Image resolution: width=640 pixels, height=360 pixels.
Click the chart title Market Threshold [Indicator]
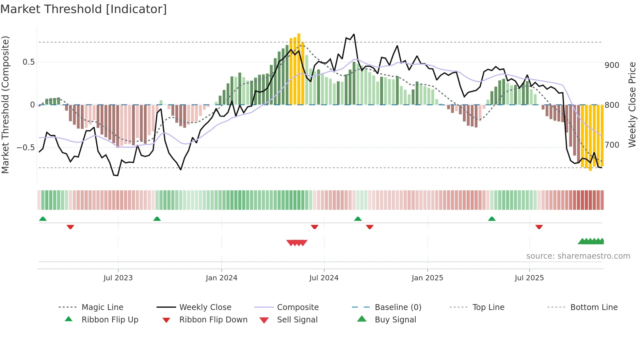coord(84,9)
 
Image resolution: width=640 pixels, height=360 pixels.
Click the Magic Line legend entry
coord(102,307)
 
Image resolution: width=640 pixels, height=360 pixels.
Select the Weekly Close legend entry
coord(205,307)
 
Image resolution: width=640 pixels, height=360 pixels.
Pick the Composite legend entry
coord(297,307)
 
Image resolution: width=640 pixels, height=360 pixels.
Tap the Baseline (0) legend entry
coord(398,307)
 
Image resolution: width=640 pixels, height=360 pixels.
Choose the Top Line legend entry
coord(488,307)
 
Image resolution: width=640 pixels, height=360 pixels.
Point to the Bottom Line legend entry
coord(594,307)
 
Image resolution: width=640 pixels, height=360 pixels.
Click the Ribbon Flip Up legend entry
coord(110,320)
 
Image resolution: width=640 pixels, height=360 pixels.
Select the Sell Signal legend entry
coord(297,320)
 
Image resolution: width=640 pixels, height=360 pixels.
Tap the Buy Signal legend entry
coord(395,320)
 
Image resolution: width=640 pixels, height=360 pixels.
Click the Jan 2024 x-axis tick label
coord(221,278)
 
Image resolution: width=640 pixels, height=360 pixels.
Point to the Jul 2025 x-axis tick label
coord(529,278)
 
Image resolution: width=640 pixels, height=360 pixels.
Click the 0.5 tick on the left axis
coord(28,62)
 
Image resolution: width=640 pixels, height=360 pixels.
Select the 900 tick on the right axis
coord(612,65)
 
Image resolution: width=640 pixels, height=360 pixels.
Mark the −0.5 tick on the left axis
coord(25,148)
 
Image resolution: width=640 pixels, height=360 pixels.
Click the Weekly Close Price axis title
coord(632,105)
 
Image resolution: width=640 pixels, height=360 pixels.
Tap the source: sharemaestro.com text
coord(578,256)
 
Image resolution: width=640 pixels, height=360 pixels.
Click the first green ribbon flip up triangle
coord(43,219)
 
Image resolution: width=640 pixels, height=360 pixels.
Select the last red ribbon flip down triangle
coord(539,227)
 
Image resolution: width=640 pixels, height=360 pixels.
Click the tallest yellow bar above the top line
coord(299,69)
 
